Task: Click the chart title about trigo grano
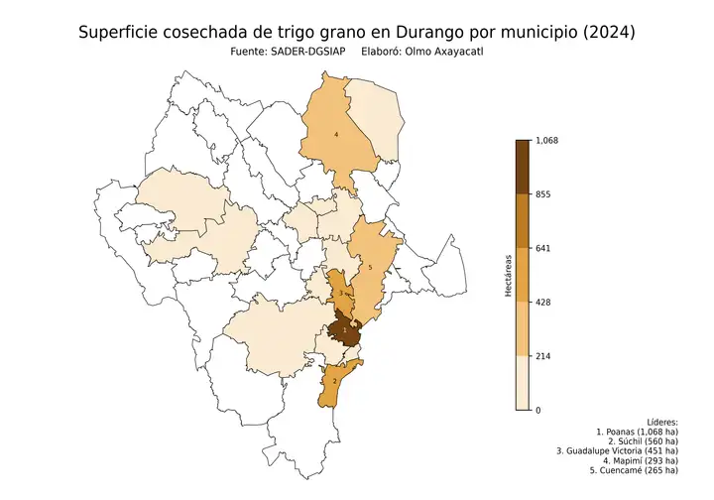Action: (357, 33)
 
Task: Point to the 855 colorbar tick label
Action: (542, 194)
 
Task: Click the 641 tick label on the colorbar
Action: (542, 248)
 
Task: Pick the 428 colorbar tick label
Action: (542, 302)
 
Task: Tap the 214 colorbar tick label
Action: (542, 356)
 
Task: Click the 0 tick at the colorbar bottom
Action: (537, 410)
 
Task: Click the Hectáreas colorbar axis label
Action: (507, 275)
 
